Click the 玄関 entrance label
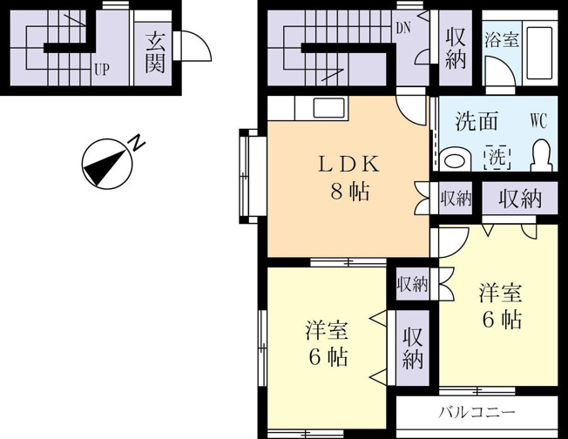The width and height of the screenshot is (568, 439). (155, 53)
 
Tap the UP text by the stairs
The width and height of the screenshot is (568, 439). (102, 69)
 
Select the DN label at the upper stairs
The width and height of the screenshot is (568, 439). (403, 28)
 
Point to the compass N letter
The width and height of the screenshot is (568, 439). (138, 143)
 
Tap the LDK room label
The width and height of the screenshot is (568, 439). (349, 164)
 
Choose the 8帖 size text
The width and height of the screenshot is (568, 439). (350, 191)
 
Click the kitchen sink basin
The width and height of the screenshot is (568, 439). (329, 108)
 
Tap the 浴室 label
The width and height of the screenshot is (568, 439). (502, 38)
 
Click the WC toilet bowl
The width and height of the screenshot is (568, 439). (542, 155)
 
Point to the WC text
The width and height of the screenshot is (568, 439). (538, 120)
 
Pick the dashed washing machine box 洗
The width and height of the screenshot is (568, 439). (497, 157)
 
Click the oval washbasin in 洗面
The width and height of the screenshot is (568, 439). (455, 159)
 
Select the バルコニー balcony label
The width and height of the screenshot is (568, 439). (477, 412)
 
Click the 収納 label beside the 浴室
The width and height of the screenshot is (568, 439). (455, 49)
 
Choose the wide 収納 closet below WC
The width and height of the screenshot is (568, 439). (520, 198)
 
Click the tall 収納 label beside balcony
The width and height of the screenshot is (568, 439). (413, 348)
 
